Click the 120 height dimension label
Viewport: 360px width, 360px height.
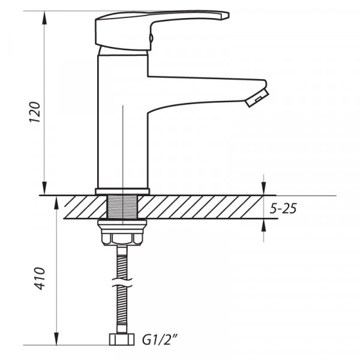tap(35, 112)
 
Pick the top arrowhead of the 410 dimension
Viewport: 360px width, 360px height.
tap(56, 202)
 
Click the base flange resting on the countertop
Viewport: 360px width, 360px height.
tap(121, 191)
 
